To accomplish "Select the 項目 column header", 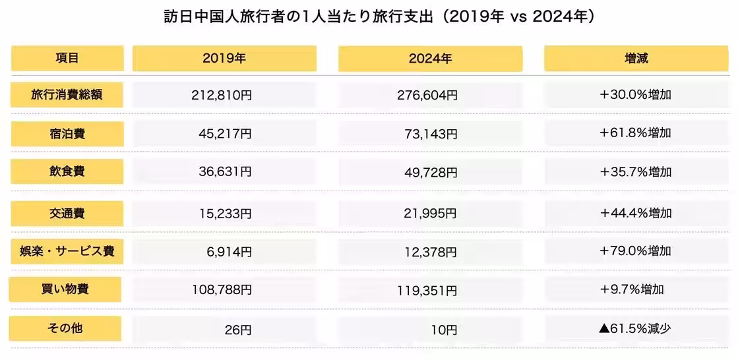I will point(67,58).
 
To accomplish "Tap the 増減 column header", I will point(636,58).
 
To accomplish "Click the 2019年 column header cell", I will point(224,58).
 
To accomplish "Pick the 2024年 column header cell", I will point(430,58).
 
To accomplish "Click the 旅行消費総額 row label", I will point(67,95).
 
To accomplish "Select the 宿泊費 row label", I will point(67,134).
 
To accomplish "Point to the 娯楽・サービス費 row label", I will point(67,251).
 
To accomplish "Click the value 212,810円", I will point(224,95).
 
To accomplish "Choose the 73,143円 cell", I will point(430,134).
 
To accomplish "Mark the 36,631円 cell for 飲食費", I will point(224,173).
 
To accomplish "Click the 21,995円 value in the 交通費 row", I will point(430,213).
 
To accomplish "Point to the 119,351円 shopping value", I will point(430,290).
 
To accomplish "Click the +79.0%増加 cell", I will point(636,251).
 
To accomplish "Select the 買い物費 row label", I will point(65,289).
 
